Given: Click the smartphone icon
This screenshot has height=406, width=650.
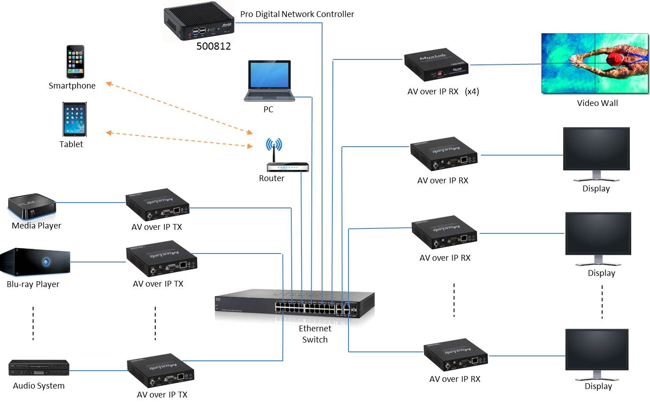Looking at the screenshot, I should click(75, 62).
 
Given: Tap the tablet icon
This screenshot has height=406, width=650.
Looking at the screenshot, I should click(74, 119).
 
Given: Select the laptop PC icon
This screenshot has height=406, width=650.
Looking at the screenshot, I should click(269, 81).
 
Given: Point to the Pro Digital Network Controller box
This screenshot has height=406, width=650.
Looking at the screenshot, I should click(199, 21).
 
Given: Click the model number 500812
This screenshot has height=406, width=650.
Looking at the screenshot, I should click(213, 46).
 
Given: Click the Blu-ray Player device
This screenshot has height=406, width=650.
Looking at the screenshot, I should click(35, 262).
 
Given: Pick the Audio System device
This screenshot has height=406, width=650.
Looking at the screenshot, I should click(39, 368).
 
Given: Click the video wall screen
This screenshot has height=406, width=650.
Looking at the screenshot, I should click(595, 63).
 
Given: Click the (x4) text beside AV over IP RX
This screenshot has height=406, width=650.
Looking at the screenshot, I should click(472, 92).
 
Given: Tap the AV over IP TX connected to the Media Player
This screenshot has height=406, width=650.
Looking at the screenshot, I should click(157, 204).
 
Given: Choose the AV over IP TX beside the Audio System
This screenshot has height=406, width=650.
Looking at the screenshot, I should click(160, 370).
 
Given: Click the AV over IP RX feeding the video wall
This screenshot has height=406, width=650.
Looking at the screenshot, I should click(436, 65).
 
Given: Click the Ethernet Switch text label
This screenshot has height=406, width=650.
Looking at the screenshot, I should click(315, 334).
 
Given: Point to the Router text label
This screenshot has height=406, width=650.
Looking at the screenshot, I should click(272, 178).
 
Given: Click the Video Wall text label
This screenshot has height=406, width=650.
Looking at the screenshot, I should click(597, 103).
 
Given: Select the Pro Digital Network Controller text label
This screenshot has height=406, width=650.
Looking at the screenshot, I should click(297, 14).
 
